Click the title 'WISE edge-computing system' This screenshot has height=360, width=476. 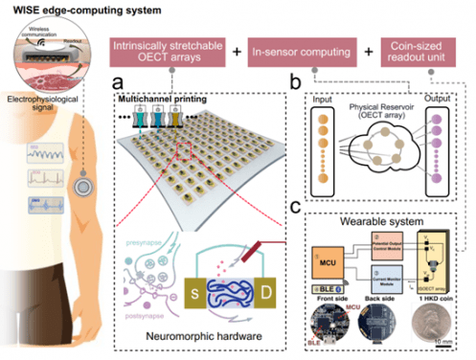[x=61, y=9]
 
